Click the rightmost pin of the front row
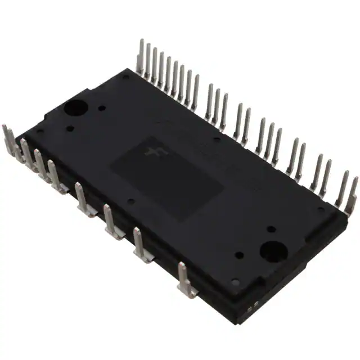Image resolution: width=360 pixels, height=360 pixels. tap(185, 279)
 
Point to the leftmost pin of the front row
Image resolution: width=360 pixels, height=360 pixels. tap(8, 138)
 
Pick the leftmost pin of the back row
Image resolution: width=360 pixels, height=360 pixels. tap(141, 56)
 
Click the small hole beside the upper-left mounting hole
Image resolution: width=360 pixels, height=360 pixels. tap(102, 107)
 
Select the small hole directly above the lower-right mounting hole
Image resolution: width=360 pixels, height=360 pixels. tap(271, 229)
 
